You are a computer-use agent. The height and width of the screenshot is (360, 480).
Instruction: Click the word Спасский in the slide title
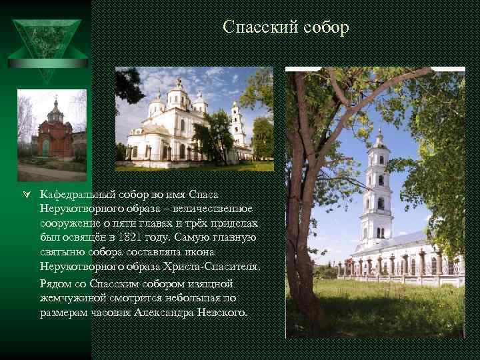[255, 28]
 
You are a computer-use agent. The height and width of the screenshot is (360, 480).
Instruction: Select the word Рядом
[55, 283]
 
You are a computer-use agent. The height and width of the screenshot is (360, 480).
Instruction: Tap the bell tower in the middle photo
[237, 127]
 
